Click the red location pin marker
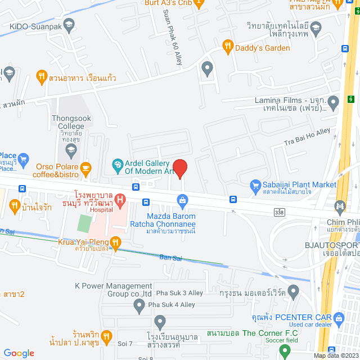point(179,168)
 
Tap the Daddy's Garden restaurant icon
point(227,47)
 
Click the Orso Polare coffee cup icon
point(85,166)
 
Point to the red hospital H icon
point(119,199)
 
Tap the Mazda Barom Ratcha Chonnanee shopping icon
point(182,200)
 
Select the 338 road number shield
point(280,212)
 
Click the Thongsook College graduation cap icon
point(71,149)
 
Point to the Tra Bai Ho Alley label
point(307,138)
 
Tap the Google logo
point(19,353)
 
